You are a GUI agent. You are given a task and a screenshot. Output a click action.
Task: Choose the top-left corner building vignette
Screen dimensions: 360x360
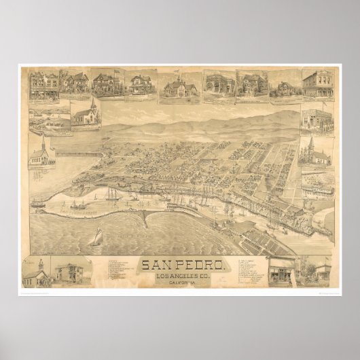click(43, 84)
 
